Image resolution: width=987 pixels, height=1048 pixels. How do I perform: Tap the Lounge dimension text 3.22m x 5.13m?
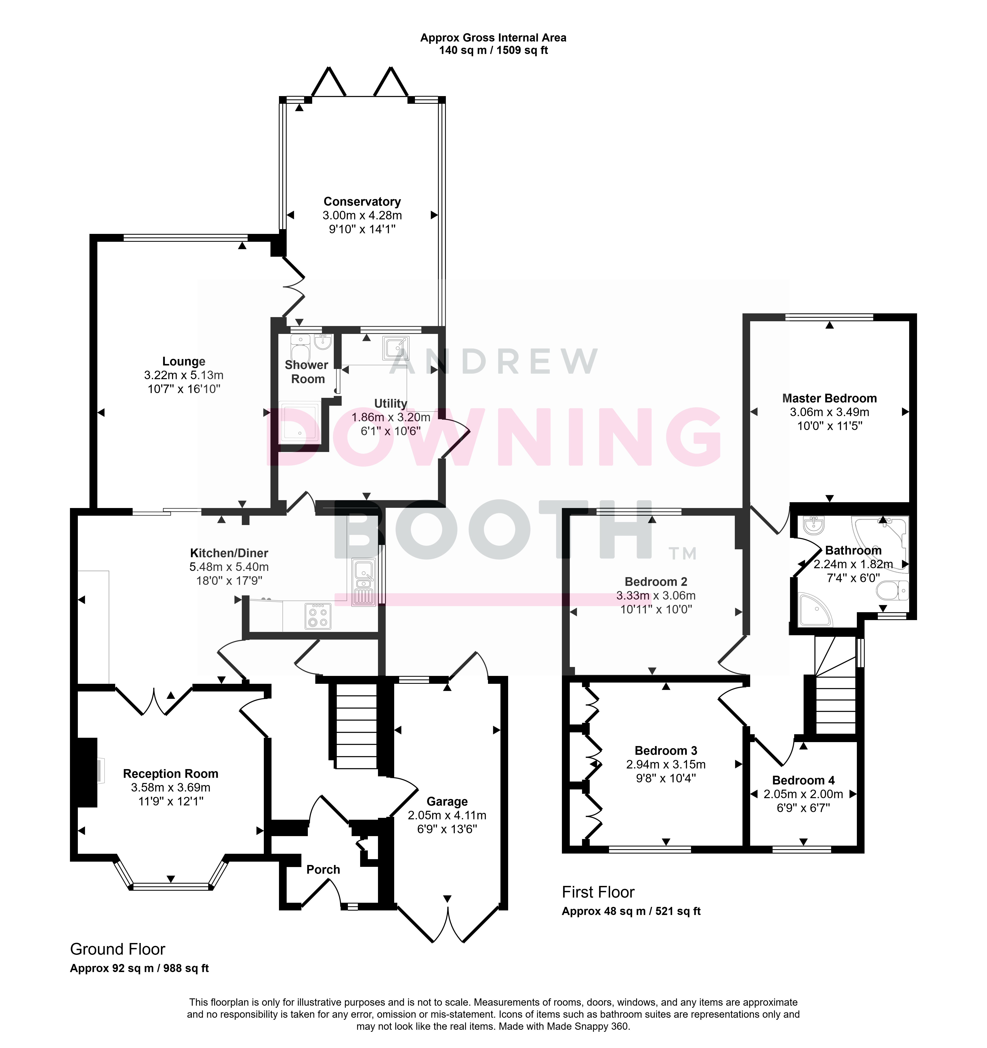pos(183,375)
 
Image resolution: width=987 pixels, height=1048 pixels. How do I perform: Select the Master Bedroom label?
pos(829,398)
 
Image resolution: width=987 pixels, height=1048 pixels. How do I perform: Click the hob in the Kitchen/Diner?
pos(318,616)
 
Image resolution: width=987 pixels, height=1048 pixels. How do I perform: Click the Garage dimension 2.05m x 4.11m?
pos(447,816)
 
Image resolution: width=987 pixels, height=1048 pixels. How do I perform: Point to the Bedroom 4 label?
pos(803,780)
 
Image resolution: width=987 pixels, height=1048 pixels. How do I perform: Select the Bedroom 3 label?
pos(666,751)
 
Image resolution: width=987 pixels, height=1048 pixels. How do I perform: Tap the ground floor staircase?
pos(356,726)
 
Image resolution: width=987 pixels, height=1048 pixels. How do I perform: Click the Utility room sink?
pos(396,347)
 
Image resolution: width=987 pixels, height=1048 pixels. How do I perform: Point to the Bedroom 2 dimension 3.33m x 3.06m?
pos(656,596)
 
